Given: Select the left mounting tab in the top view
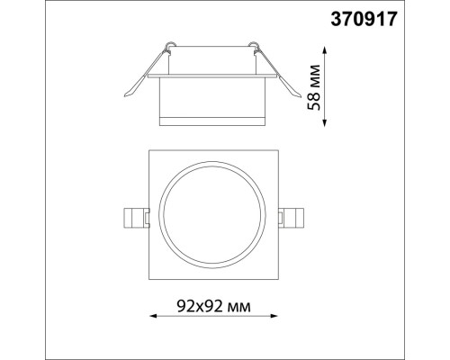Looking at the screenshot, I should pyautogui.click(x=132, y=217).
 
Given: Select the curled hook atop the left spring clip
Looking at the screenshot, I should pyautogui.click(x=168, y=43).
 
